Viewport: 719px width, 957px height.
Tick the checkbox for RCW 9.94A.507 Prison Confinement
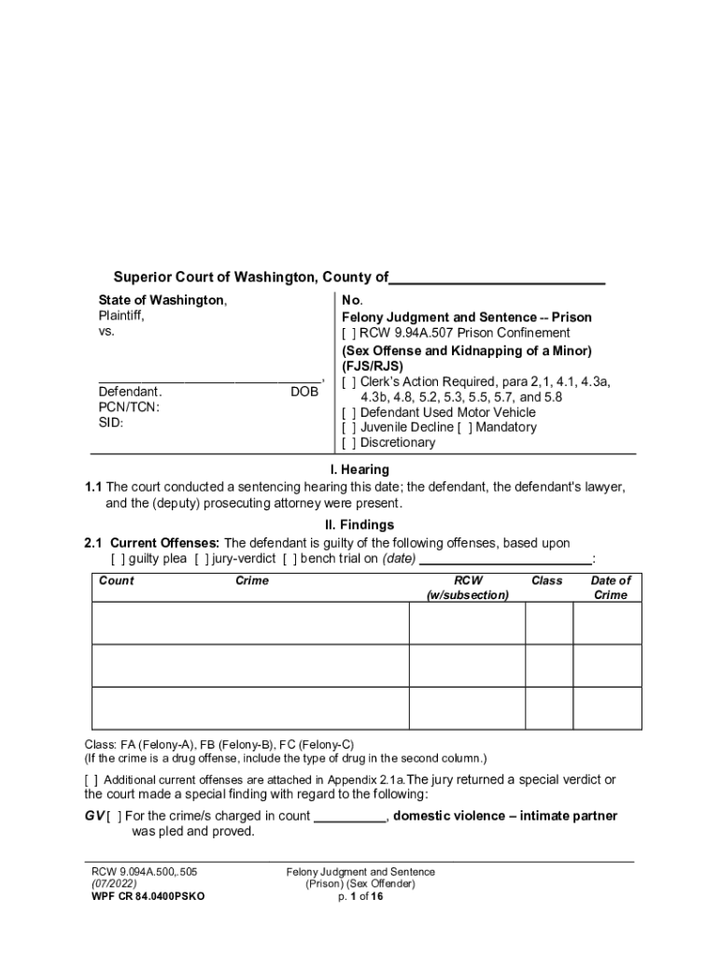348,334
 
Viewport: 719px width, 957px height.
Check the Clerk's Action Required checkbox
348,382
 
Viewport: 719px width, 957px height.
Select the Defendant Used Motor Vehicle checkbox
348,412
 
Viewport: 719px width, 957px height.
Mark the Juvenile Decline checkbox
348,427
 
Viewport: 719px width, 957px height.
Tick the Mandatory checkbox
464,427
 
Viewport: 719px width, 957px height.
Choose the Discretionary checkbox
348,443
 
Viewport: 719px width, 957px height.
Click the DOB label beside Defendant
304,393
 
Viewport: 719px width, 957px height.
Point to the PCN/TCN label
129,407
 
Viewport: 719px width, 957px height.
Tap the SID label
111,422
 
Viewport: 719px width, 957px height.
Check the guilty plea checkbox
117,560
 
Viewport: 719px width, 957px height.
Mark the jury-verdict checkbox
201,560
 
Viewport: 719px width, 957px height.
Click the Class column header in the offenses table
546,580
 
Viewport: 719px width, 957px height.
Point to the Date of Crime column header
611,588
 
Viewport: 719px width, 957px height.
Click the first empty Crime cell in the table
250,623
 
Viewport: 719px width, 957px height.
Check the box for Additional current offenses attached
92,780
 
